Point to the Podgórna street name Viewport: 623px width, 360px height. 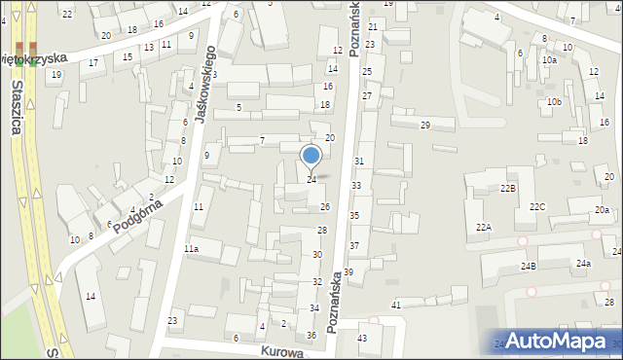(x=136, y=214)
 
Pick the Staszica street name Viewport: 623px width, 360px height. (x=18, y=108)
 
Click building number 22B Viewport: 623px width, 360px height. (x=508, y=188)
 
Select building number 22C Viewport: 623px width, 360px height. (x=537, y=207)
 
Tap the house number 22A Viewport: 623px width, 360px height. (x=484, y=227)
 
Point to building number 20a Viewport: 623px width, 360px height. (x=603, y=210)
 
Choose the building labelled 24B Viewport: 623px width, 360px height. (x=529, y=266)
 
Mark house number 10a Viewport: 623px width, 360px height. (x=550, y=60)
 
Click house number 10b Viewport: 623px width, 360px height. (x=554, y=102)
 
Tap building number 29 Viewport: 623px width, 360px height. (x=424, y=126)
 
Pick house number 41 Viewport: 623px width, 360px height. (x=396, y=306)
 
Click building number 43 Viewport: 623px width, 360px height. (x=362, y=338)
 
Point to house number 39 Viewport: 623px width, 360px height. (x=348, y=271)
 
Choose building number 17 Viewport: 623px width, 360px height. (x=93, y=63)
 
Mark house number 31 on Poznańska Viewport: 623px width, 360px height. (x=359, y=161)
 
